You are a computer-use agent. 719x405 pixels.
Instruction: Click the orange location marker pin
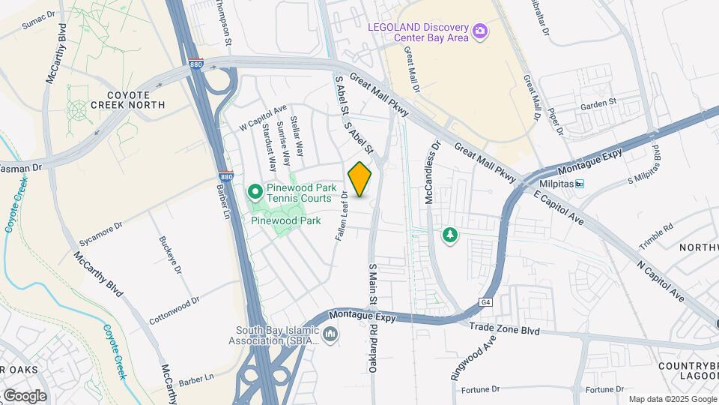pyautogui.click(x=360, y=179)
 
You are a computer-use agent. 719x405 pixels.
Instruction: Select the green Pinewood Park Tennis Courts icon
pyautogui.click(x=255, y=193)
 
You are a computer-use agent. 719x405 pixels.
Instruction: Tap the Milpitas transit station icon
pyautogui.click(x=579, y=184)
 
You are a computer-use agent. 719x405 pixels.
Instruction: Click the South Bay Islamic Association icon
pyautogui.click(x=331, y=332)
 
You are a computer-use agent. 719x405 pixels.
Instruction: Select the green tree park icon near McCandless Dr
pyautogui.click(x=449, y=235)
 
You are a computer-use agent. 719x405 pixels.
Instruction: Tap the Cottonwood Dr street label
pyautogui.click(x=175, y=309)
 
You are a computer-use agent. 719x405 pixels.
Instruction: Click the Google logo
pyautogui.click(x=24, y=395)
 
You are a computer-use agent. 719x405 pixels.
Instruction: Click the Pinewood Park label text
pyautogui.click(x=285, y=220)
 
